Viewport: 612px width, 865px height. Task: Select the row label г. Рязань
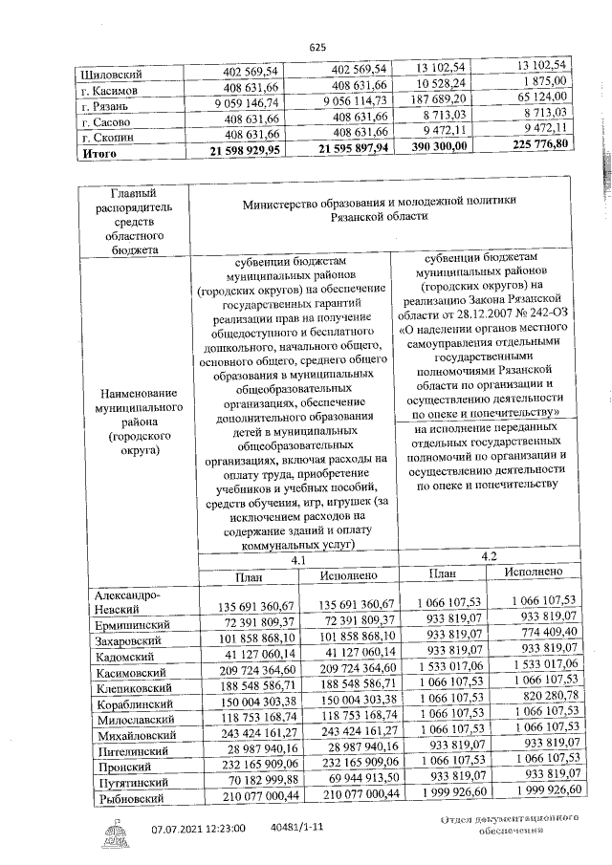pyautogui.click(x=106, y=107)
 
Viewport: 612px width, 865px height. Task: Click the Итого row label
pyautogui.click(x=100, y=151)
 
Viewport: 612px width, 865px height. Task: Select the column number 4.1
pyautogui.click(x=297, y=560)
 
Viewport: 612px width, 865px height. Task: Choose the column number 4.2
pyautogui.click(x=489, y=554)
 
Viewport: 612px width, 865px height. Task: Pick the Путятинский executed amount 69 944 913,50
pyautogui.click(x=342, y=780)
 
